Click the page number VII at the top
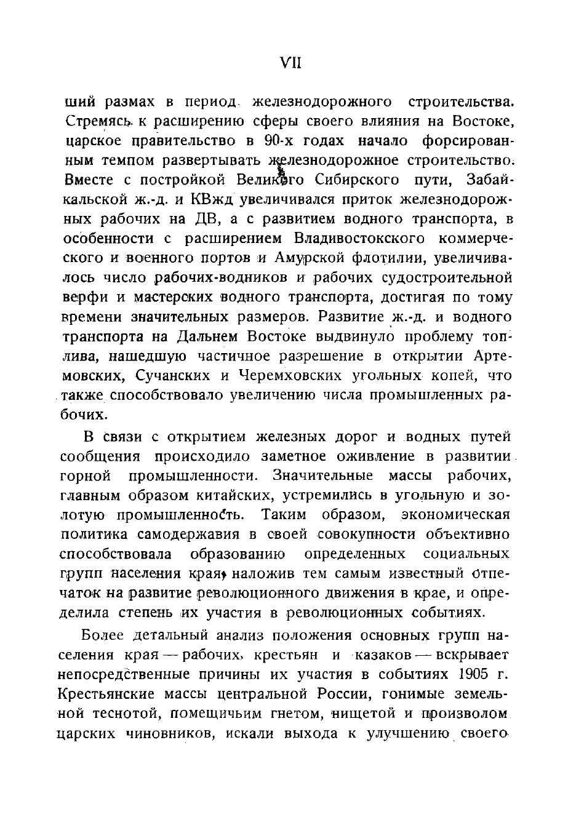point(289,63)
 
